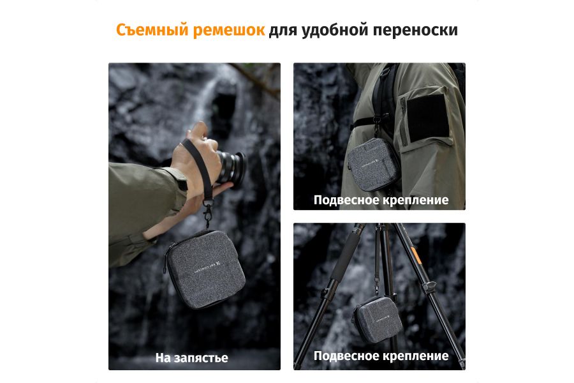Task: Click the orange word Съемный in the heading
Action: [x=151, y=30]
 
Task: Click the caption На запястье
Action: [x=191, y=357]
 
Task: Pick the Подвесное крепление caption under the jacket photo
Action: [x=381, y=200]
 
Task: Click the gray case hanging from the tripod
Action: [x=378, y=317]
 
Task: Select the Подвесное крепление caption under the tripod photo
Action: [x=381, y=356]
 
